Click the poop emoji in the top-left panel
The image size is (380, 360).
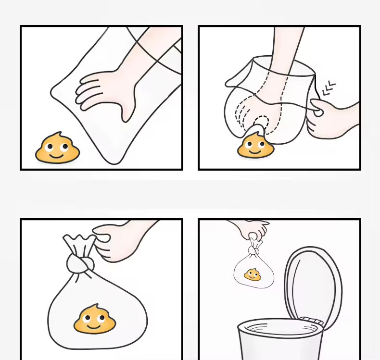(57, 149)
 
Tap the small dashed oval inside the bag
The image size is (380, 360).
(261, 123)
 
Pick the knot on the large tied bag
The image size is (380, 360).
(79, 263)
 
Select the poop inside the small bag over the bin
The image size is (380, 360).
(253, 275)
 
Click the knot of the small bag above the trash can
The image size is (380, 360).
(254, 250)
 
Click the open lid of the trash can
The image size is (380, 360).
(313, 284)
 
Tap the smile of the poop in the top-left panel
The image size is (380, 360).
(57, 155)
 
